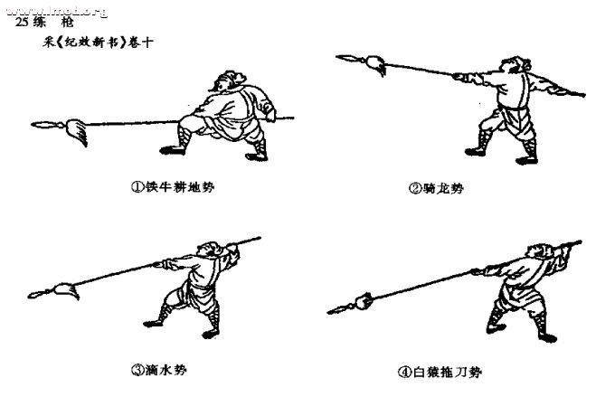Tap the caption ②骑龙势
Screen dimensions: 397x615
tap(442, 189)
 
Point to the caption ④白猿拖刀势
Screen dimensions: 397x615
tap(440, 372)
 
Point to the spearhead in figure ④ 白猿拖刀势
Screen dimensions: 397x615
tap(337, 309)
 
